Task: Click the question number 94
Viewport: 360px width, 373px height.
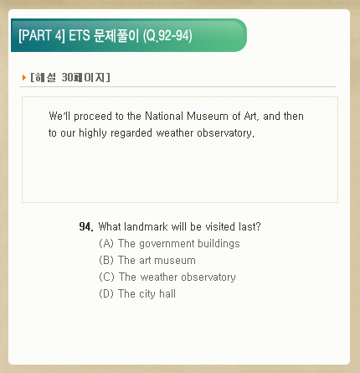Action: [x=86, y=226]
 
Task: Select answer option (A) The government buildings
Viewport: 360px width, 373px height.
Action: [x=169, y=244]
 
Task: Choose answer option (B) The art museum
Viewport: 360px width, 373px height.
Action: [x=147, y=260]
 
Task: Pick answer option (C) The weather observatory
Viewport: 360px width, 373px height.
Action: [x=167, y=277]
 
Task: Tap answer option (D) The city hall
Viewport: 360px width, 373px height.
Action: [x=137, y=293]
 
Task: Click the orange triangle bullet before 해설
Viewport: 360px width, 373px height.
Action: [x=24, y=77]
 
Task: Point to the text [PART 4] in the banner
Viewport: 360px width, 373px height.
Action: [x=42, y=36]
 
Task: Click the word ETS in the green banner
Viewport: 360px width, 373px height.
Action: [x=80, y=35]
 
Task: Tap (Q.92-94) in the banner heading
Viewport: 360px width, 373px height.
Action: [x=167, y=36]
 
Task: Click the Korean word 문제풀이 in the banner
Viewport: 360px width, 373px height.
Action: [x=116, y=35]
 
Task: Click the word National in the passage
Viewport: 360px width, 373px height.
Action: [x=164, y=116]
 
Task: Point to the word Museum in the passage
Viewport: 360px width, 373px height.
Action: [x=207, y=116]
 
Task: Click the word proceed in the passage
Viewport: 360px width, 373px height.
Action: [x=93, y=117]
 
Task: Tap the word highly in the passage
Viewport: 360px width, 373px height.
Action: [x=93, y=133]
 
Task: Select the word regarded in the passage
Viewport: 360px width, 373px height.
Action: [x=131, y=133]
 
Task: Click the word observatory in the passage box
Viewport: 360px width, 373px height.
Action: [x=225, y=133]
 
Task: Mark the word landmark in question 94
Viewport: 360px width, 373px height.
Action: [x=146, y=226]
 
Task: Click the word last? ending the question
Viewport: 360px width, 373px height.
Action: [x=249, y=226]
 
